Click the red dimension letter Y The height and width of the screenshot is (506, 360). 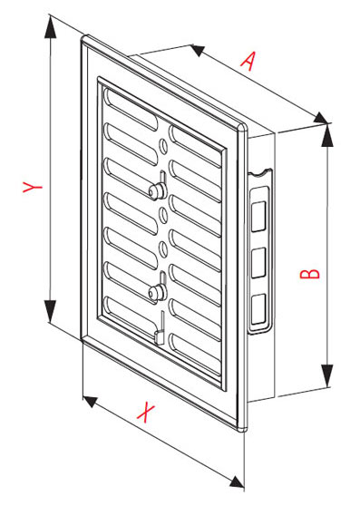click(32, 187)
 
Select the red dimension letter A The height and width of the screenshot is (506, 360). click(248, 61)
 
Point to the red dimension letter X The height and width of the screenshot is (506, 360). click(146, 412)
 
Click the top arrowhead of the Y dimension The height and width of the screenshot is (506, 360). click(50, 27)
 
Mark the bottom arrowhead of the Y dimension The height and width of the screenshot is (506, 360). click(50, 311)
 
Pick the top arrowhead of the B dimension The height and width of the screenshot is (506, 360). click(326, 135)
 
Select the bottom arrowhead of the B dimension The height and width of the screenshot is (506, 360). click(326, 375)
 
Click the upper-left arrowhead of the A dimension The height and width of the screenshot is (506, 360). click(197, 51)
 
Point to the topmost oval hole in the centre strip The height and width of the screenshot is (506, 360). click(163, 147)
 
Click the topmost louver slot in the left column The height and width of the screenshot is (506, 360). click(130, 109)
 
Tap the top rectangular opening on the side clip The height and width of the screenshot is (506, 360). click(258, 216)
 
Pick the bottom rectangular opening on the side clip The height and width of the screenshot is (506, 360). click(258, 308)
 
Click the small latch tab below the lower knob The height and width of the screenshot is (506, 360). click(159, 336)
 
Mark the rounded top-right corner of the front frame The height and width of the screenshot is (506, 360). click(243, 127)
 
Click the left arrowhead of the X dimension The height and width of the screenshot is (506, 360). click(91, 402)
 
